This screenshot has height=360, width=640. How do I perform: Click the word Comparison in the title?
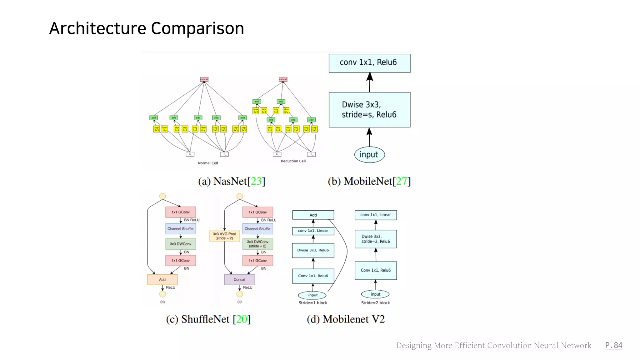pos(197,29)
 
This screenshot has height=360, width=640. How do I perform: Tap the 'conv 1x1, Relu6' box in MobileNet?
pos(369,63)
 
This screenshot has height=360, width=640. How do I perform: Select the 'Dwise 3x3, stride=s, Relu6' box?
pos(369,110)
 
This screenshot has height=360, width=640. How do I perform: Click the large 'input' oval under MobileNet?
pos(369,155)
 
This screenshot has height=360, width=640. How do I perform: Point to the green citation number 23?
pos(256,181)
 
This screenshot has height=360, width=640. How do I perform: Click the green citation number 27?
pos(401,181)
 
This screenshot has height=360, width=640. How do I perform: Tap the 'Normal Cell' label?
pos(208,163)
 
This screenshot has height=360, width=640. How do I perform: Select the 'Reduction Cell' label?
pos(293,161)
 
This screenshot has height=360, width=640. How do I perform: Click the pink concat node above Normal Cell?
pos(204,79)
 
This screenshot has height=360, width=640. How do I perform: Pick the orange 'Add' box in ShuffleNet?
pos(162,279)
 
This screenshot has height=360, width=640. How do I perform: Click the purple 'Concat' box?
pos(239,279)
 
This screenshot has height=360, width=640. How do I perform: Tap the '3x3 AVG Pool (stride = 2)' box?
pos(224,236)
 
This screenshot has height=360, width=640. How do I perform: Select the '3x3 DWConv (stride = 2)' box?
pos(257,244)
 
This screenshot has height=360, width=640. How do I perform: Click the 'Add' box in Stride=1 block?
pos(313,215)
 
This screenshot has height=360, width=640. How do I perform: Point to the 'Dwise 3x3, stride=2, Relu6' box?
pos(376,239)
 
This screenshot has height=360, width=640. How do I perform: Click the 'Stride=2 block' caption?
pos(375,303)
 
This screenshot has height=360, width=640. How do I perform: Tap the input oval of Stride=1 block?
pos(312,295)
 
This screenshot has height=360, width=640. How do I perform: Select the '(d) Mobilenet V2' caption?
pos(346,319)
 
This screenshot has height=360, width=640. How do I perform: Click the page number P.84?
pos(613,345)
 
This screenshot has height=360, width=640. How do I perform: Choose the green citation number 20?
pos(241,319)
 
